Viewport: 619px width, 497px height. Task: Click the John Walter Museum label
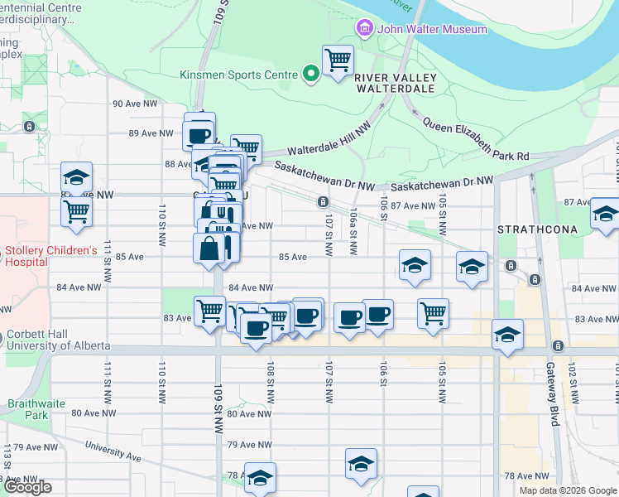click(432, 30)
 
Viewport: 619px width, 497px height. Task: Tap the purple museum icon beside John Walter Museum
click(362, 30)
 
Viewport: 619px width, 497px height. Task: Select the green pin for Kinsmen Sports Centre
click(311, 75)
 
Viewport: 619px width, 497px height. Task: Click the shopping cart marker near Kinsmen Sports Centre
click(338, 60)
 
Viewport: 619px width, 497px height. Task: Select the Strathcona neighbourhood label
click(530, 228)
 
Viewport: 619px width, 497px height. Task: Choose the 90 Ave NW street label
click(134, 104)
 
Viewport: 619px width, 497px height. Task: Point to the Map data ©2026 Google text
click(568, 490)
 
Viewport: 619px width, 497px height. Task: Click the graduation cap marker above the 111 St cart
click(76, 177)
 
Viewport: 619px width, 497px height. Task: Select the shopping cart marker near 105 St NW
click(434, 314)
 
